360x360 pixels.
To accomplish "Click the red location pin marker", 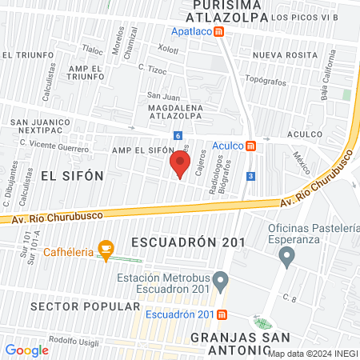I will point(179,165).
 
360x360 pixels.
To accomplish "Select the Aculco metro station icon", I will point(250,146).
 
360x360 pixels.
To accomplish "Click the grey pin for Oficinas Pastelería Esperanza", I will point(286,257).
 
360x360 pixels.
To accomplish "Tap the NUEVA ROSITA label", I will point(280,55).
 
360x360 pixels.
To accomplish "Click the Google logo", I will point(27,350).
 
